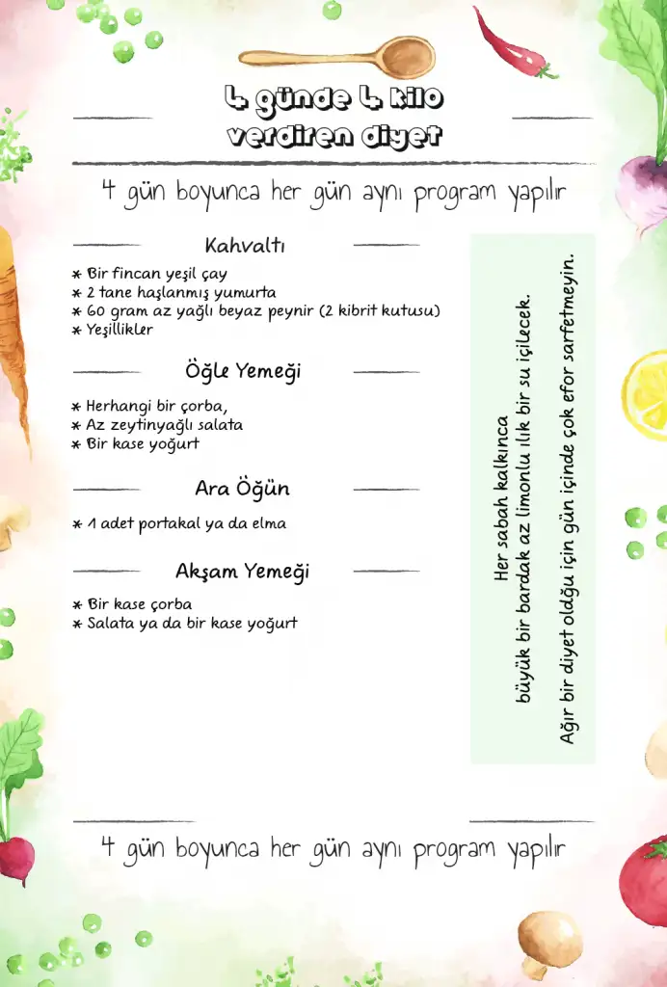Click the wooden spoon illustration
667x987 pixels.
click(x=337, y=57)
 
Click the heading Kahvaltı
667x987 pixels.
click(x=245, y=245)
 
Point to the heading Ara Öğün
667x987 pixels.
click(x=242, y=489)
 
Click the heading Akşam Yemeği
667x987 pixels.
click(x=243, y=572)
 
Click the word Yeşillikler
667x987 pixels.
click(x=120, y=330)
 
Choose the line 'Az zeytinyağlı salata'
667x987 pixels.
click(x=165, y=424)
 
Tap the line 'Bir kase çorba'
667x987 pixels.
click(x=140, y=604)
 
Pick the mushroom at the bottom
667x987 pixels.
click(x=548, y=941)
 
